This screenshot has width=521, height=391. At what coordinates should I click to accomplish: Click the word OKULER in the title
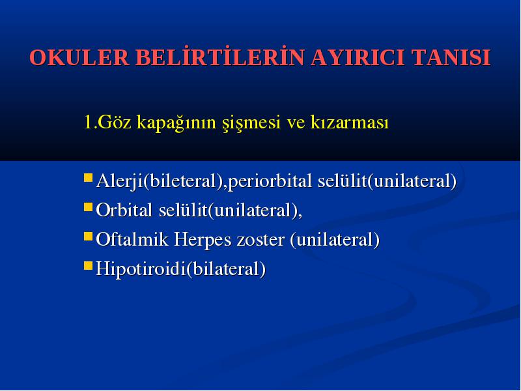(x=79, y=57)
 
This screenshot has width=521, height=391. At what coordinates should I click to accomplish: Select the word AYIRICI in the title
(x=358, y=57)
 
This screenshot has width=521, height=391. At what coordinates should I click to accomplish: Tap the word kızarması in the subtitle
(x=350, y=122)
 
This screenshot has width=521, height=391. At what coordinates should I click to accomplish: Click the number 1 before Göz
(x=88, y=122)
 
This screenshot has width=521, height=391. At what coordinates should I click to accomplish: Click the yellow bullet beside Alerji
(x=88, y=177)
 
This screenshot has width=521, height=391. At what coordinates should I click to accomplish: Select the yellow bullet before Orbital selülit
(x=88, y=207)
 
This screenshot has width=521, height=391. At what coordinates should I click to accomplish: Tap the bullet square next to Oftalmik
(x=88, y=237)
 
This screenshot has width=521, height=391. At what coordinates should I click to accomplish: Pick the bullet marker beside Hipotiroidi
(x=88, y=266)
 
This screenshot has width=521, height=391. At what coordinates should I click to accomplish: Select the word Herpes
(x=203, y=240)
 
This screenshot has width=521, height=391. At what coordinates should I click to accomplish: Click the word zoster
(x=260, y=240)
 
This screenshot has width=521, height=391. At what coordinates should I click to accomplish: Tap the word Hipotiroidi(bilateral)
(x=181, y=269)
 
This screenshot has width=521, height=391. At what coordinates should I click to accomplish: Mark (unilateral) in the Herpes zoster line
(x=335, y=240)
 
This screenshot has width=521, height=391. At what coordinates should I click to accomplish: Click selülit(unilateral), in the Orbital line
(x=231, y=210)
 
